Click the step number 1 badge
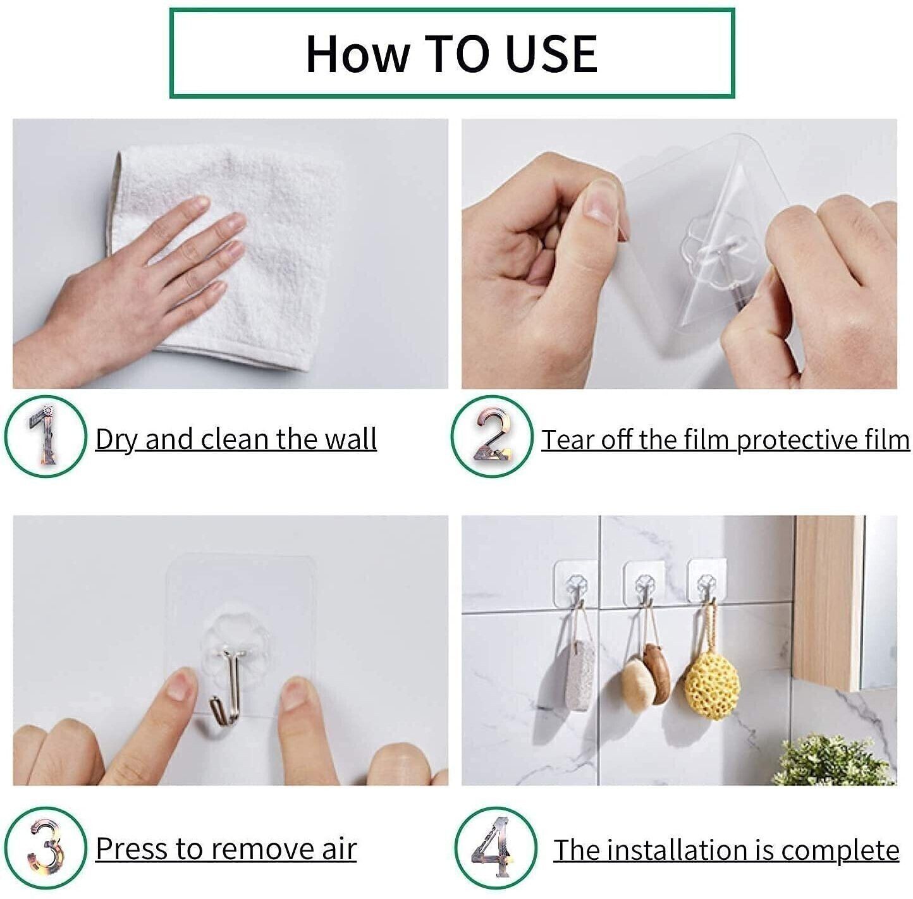[x=45, y=437]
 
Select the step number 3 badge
[x=45, y=848]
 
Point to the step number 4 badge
[x=495, y=848]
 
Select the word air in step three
[x=340, y=848]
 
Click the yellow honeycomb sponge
[x=713, y=686]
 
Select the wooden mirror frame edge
[x=825, y=601]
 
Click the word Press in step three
[x=132, y=848]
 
